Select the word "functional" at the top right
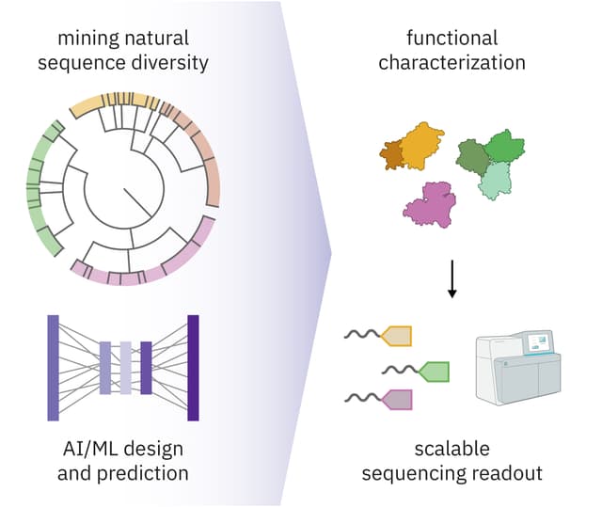pyautogui.click(x=451, y=39)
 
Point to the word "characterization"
pyautogui.click(x=452, y=64)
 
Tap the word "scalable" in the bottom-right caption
pyautogui.click(x=452, y=448)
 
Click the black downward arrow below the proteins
pyautogui.click(x=452, y=279)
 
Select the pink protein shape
pyautogui.click(x=429, y=204)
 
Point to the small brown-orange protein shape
pyautogui.click(x=392, y=156)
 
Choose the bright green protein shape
pyautogui.click(x=505, y=147)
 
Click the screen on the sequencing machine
pyautogui.click(x=538, y=341)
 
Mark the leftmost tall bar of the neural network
pyautogui.click(x=53, y=368)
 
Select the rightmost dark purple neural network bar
pyautogui.click(x=193, y=368)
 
